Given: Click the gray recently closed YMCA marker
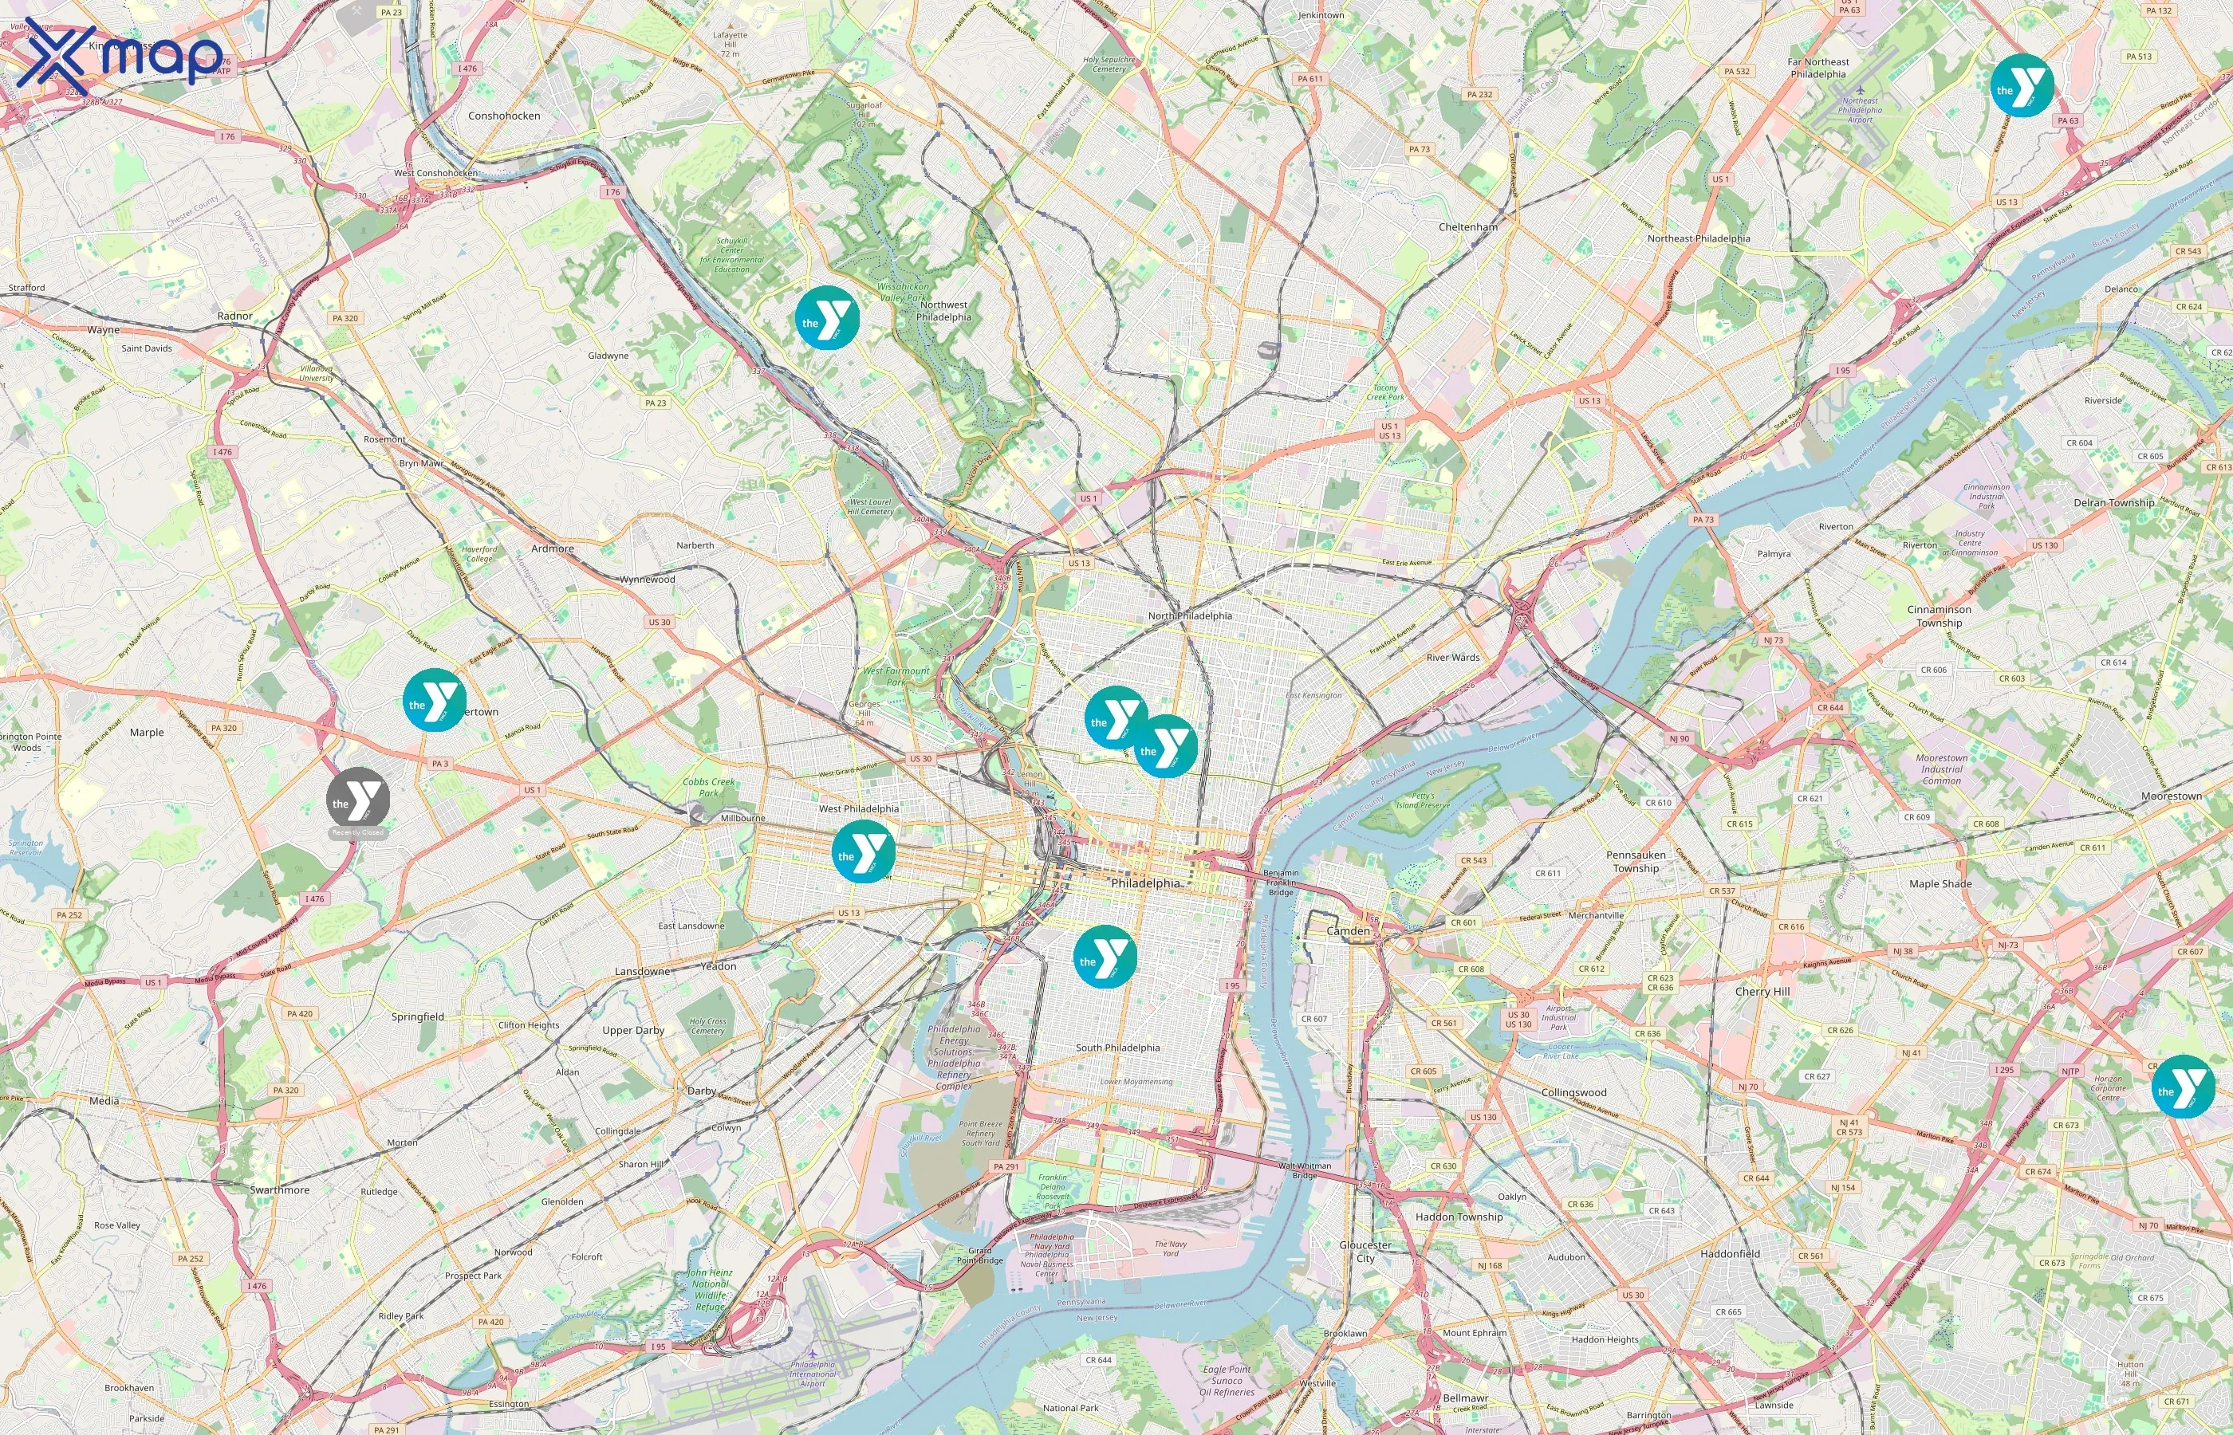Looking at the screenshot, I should pyautogui.click(x=358, y=800).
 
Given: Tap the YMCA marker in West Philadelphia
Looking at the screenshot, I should pyautogui.click(x=863, y=851).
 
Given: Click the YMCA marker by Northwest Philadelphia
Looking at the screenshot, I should pyautogui.click(x=827, y=319).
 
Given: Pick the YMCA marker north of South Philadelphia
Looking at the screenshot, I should pyautogui.click(x=1105, y=957).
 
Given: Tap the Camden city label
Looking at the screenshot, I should pyautogui.click(x=1348, y=931).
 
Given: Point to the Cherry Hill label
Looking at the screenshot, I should pyautogui.click(x=1762, y=992).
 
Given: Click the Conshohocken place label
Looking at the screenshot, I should pyautogui.click(x=504, y=116).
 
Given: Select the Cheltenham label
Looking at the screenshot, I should pyautogui.click(x=1468, y=226).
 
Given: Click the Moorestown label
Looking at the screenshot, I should pyautogui.click(x=2172, y=796).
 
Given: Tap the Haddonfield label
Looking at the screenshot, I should pyautogui.click(x=1730, y=1253).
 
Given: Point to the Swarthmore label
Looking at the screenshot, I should pyautogui.click(x=280, y=1190).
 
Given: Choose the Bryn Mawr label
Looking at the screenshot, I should pyautogui.click(x=421, y=463).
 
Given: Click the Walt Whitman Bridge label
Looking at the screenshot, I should pyautogui.click(x=1305, y=1170).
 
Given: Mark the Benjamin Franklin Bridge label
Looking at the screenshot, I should pyautogui.click(x=1281, y=883).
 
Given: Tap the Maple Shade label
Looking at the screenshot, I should pyautogui.click(x=1940, y=883).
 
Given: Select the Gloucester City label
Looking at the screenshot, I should pyautogui.click(x=1365, y=1251).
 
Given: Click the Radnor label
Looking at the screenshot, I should pyautogui.click(x=234, y=316).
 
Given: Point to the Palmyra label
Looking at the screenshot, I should pyautogui.click(x=1774, y=553).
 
